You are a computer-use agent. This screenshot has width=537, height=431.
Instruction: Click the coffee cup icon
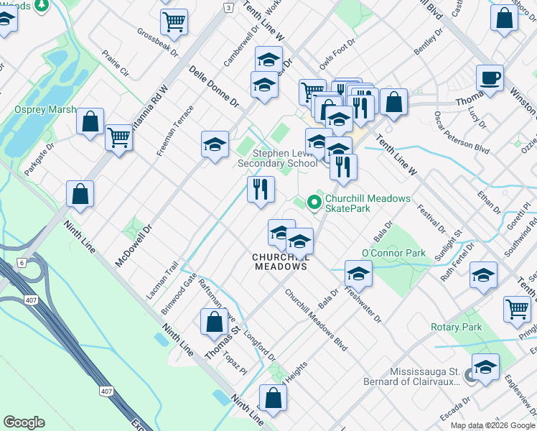pyautogui.click(x=490, y=78)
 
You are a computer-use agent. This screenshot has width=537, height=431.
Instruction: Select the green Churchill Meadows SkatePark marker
pyautogui.click(x=313, y=204)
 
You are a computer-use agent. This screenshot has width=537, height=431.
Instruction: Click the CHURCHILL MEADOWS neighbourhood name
pyautogui.click(x=280, y=261)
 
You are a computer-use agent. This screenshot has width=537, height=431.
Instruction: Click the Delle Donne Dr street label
pyautogui.click(x=213, y=88)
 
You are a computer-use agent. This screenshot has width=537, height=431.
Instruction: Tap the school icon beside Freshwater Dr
pyautogui.click(x=358, y=274)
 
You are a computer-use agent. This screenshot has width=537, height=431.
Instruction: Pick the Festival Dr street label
pyautogui.click(x=431, y=216)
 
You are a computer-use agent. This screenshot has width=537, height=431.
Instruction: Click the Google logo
pyautogui.click(x=24, y=422)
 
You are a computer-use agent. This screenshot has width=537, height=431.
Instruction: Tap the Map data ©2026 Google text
pyautogui.click(x=492, y=425)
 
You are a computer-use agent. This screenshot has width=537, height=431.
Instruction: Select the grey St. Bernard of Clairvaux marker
pyautogui.click(x=469, y=376)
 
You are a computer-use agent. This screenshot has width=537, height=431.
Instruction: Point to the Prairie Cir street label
pyautogui.click(x=114, y=62)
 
